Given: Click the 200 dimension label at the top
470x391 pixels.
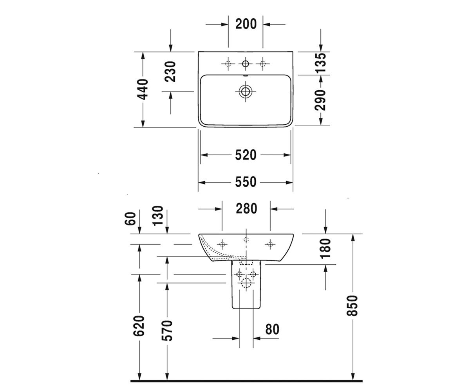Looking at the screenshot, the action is [246, 24].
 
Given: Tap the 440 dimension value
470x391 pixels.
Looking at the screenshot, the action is [143, 89].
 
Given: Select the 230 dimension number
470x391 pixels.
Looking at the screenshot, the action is [170, 72].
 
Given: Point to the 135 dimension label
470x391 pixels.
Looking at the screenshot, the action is [320, 63].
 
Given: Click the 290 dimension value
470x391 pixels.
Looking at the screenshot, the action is [320, 100].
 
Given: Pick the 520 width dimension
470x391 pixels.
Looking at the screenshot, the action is [246, 155].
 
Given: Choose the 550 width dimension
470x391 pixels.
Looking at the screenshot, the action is [246, 182].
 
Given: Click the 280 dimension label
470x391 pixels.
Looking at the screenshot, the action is [246, 208].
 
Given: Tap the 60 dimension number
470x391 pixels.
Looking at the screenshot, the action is [130, 219].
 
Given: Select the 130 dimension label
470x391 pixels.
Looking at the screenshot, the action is [157, 215].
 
